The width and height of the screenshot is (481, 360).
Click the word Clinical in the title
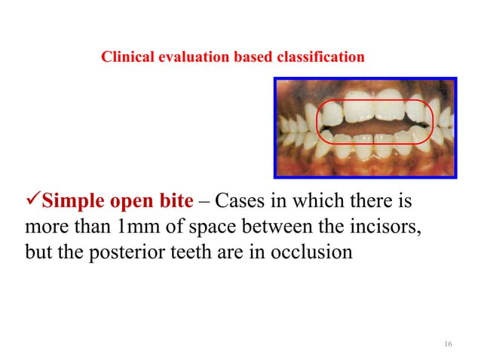click(124, 56)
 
